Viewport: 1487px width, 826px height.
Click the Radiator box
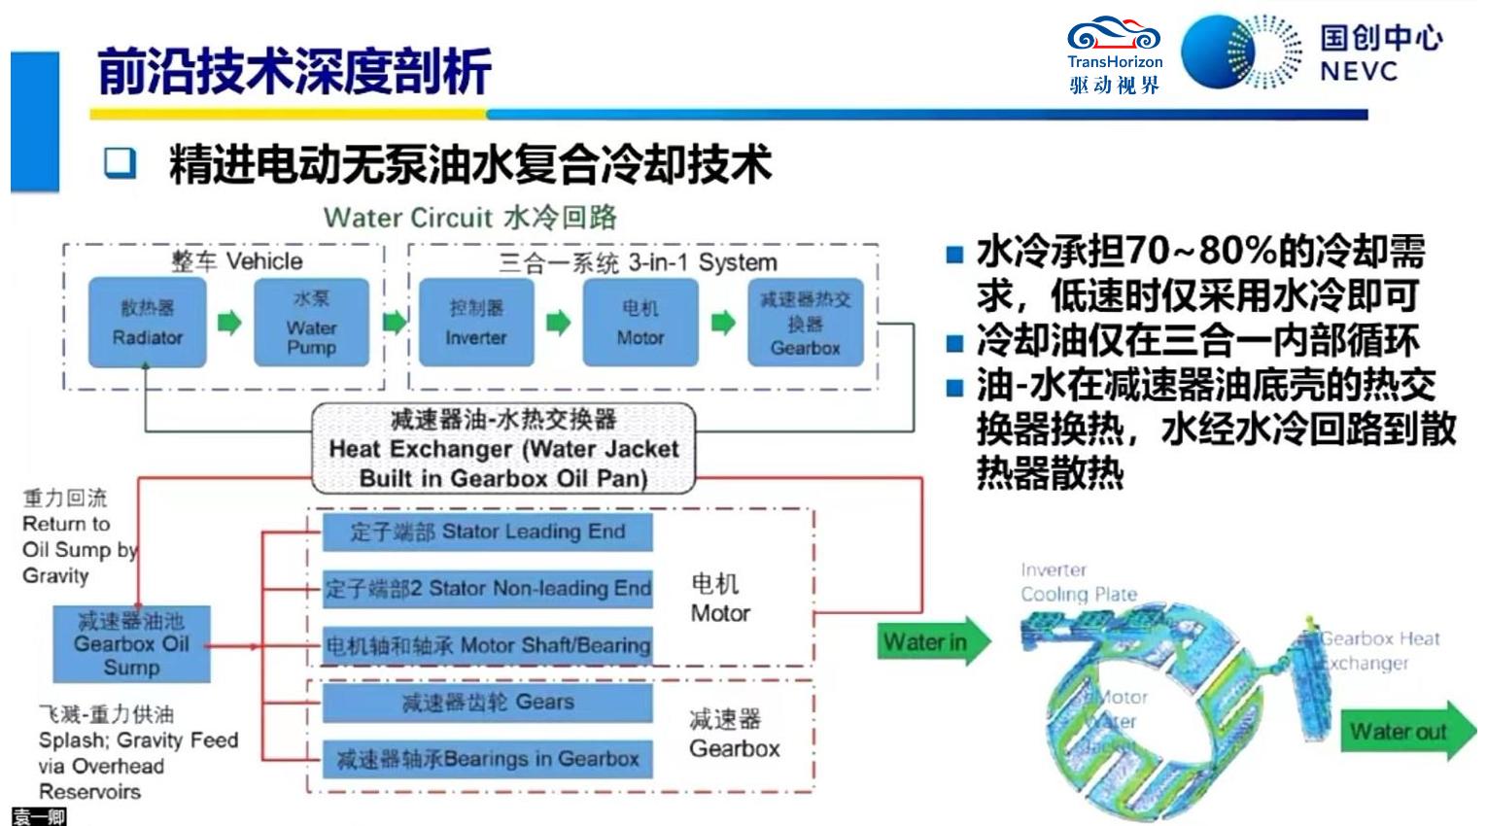click(x=147, y=323)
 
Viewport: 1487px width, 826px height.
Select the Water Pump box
click(x=311, y=323)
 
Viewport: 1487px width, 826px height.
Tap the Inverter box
click(x=475, y=323)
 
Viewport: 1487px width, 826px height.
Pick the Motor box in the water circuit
click(x=640, y=323)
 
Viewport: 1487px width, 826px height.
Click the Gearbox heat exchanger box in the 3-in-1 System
click(x=805, y=323)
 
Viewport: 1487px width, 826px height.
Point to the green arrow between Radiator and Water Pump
click(x=229, y=323)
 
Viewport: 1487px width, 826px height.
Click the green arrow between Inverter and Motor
click(x=558, y=323)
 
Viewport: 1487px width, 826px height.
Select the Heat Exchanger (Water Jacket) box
click(x=503, y=449)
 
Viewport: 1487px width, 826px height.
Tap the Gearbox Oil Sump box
click(x=131, y=643)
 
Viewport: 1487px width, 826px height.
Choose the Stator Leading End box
click(x=487, y=533)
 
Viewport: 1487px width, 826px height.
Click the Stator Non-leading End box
click(x=487, y=589)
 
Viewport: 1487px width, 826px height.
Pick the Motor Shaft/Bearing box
click(x=487, y=645)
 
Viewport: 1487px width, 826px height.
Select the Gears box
click(x=487, y=703)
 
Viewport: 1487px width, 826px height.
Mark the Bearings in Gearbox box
click(x=487, y=759)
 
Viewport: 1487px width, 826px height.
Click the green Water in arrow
click(x=934, y=641)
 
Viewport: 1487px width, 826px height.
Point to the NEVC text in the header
click(x=1359, y=71)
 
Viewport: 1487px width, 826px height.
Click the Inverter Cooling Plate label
click(x=1078, y=582)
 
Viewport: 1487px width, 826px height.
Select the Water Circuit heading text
click(x=470, y=217)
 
